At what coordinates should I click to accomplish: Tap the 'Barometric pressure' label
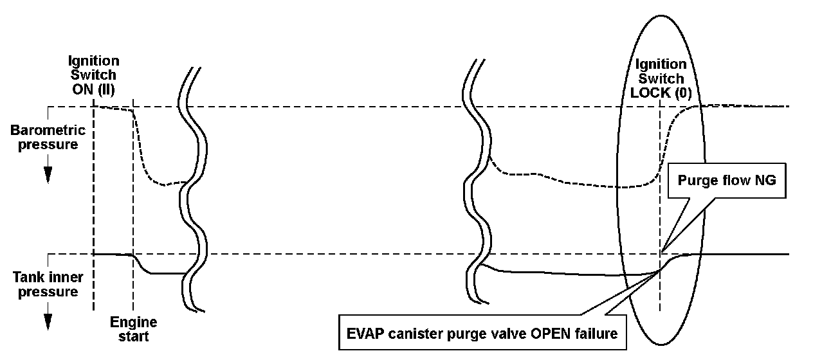point(48,138)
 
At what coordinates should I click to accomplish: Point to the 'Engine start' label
point(134,328)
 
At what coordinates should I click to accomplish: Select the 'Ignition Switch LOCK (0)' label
point(661,78)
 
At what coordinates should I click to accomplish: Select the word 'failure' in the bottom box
point(595,334)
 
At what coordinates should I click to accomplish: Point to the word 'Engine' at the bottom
point(134,322)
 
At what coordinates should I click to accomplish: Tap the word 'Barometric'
point(48,130)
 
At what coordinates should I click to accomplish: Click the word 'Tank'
point(30,278)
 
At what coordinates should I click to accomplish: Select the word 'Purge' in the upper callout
point(696,181)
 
